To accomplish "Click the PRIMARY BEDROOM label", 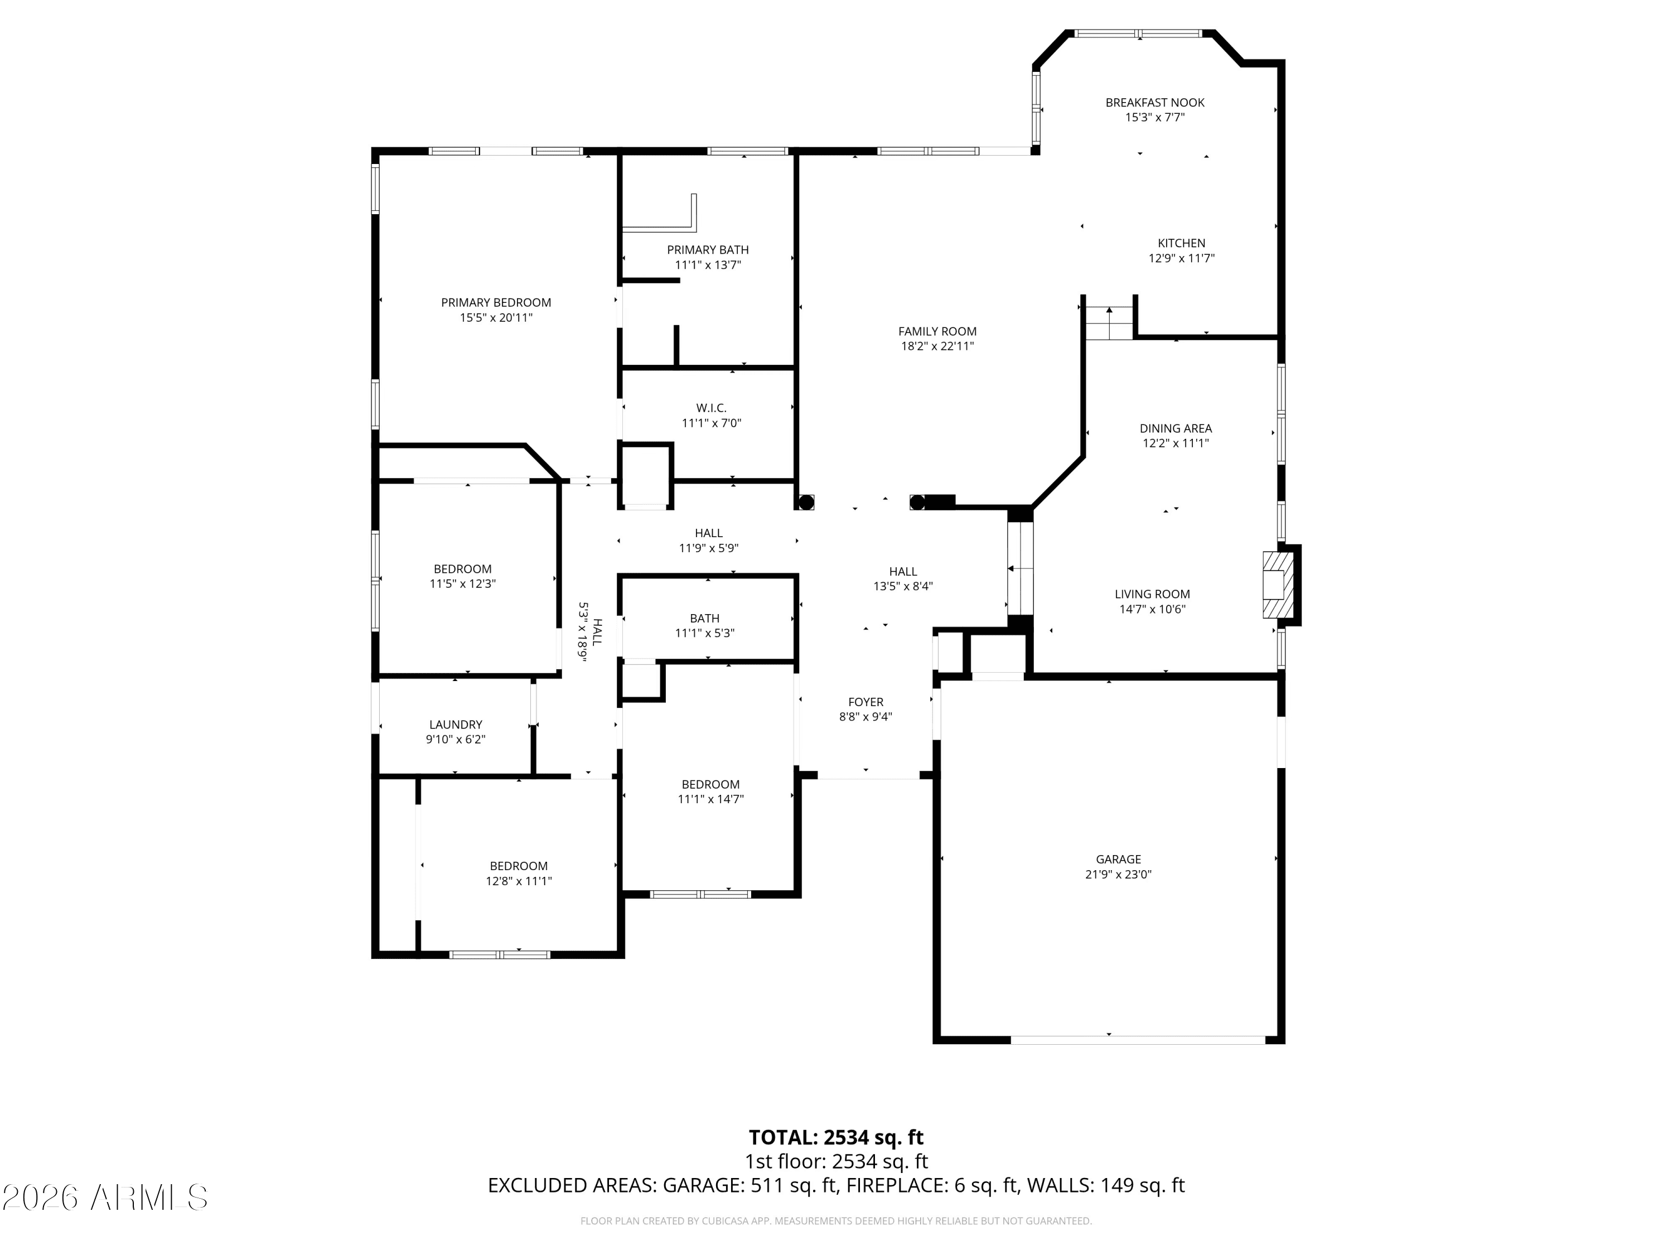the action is tap(496, 302).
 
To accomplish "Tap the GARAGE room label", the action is tap(1118, 860).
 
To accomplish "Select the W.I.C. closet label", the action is tap(711, 408).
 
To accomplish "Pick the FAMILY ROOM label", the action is tap(937, 331).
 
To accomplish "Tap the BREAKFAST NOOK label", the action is tap(1155, 103).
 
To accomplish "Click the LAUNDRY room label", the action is tap(455, 725).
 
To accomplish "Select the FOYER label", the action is tap(865, 702).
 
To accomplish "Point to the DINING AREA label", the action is tap(1176, 429).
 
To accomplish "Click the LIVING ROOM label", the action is tap(1152, 595).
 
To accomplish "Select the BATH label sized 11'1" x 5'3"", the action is tap(704, 619).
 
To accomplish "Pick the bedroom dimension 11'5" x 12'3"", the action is tap(462, 584).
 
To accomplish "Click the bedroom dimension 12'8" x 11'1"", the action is tap(519, 881).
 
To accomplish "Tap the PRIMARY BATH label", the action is tap(708, 250).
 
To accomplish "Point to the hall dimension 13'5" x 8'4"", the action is tap(903, 586).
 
